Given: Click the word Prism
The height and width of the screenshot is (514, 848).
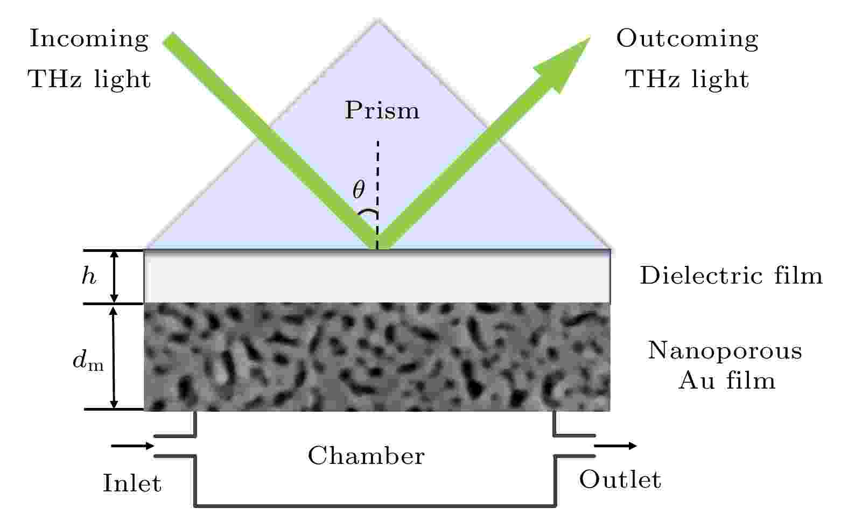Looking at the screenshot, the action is point(382,110).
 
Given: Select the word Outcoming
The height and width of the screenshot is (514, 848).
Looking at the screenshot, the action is point(687,39).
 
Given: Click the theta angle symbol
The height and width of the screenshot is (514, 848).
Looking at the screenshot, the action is point(359,189).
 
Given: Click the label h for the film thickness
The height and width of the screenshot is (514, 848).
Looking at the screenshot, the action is point(89,275).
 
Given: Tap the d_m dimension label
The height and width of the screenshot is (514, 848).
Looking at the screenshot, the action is point(88,360).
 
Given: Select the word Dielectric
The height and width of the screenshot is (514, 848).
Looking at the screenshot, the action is point(701,275).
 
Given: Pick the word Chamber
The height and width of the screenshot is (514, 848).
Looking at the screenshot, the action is point(366,455).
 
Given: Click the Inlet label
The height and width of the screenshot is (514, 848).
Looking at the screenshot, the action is point(132,483).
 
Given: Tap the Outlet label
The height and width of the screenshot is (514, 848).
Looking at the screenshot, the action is point(620,480).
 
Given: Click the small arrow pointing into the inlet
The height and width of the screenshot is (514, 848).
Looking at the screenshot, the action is point(132,446).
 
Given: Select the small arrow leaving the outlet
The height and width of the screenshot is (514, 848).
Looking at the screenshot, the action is point(615,446).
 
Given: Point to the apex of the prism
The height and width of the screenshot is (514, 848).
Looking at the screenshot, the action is point(377,20).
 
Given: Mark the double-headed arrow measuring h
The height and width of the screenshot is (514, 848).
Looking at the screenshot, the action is point(114,277).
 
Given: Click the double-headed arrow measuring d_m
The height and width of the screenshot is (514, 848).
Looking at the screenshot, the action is point(114,358).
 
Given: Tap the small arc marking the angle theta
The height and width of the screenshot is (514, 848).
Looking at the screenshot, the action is point(368,213).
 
